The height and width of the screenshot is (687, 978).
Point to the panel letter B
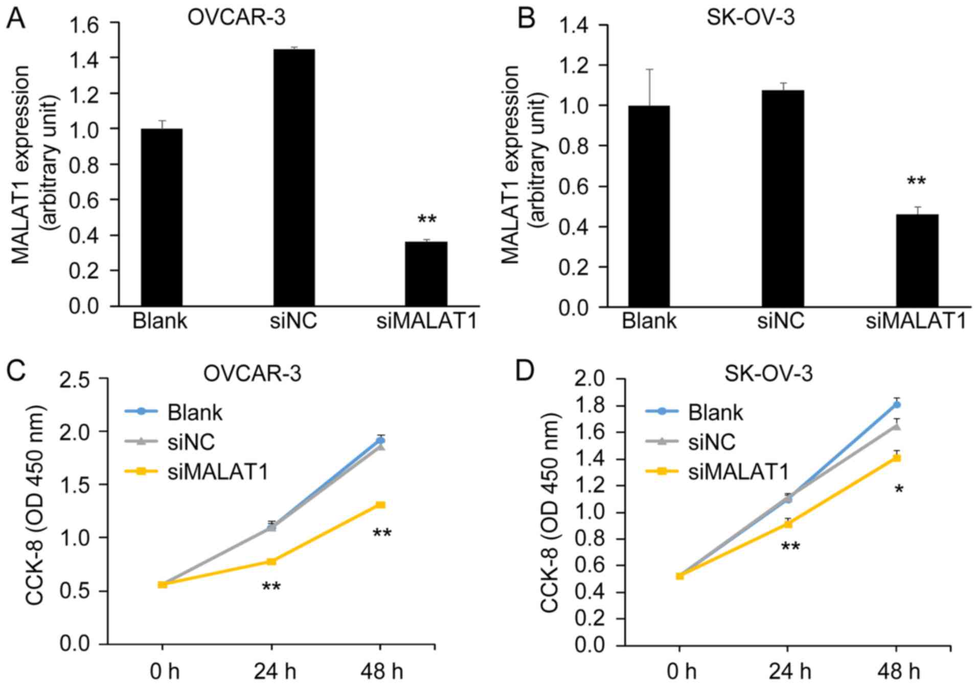click(526, 18)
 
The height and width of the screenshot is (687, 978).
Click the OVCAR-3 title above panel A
click(236, 18)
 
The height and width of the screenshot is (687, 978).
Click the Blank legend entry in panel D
click(715, 412)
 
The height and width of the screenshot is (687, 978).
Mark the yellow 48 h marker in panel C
click(380, 505)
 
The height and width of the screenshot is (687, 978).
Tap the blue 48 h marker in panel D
click(897, 405)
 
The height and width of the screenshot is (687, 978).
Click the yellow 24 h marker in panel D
click(788, 523)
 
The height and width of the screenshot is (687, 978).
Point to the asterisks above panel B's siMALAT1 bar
click(916, 181)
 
